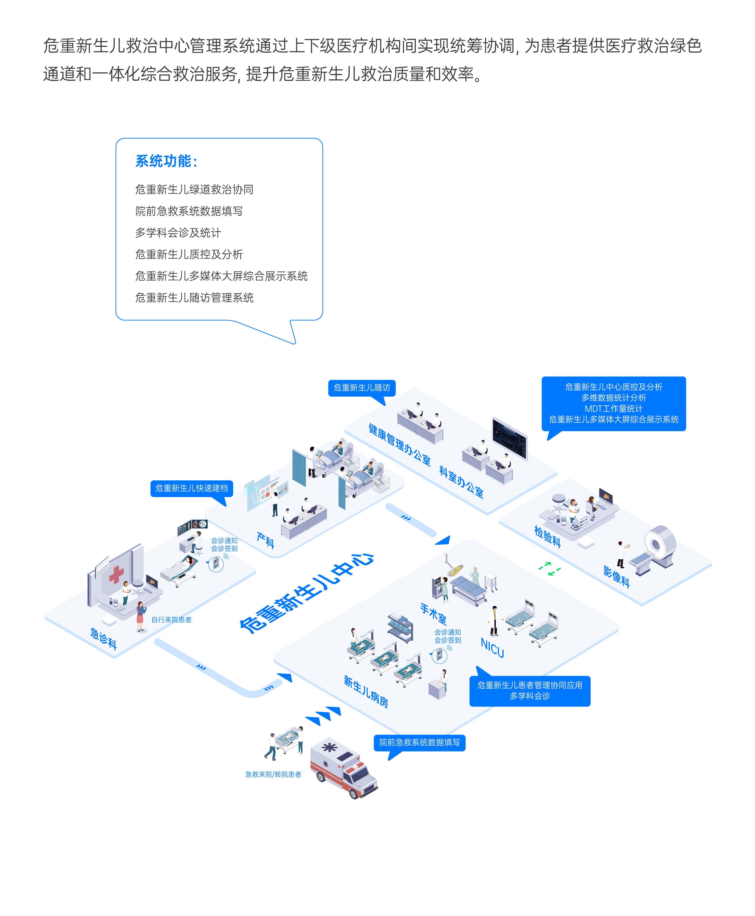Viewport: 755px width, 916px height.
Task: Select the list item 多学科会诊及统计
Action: point(178,233)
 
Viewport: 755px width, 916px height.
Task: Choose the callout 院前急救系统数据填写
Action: point(419,742)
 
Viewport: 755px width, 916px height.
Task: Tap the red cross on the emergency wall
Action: point(116,574)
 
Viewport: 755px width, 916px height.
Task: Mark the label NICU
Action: point(492,648)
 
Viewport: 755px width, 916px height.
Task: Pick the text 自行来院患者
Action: point(171,620)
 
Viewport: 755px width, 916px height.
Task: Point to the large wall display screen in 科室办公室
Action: point(510,438)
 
